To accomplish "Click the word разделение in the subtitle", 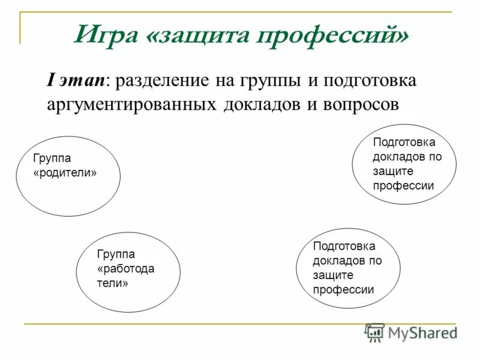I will pos(161,81).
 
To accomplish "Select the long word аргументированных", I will pos(131,104).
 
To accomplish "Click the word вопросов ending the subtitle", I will pos(359,104).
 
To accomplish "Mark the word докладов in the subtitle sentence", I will pos(263,104).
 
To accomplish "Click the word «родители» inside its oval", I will pos(65,172).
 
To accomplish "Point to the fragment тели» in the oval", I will pos(112,283).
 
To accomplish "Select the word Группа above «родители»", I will pos(52,158).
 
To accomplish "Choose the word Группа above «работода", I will pos(115,254).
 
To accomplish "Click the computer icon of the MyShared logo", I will pos(374,332).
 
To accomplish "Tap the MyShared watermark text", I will pos(422,333).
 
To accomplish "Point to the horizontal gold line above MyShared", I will pos(240,325).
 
